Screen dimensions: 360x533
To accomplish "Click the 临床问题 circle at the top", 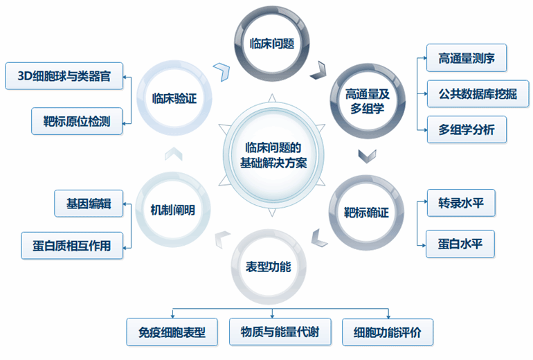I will pyautogui.click(x=272, y=43).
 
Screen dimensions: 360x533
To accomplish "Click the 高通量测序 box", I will pyautogui.click(x=462, y=58).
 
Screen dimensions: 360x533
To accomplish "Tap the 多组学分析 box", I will pyautogui.click(x=462, y=129).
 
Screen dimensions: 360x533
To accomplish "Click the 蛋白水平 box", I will pyautogui.click(x=456, y=244).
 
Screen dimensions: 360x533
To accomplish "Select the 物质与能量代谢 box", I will pyautogui.click(x=280, y=332).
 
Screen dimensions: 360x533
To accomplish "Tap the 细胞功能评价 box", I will pyautogui.click(x=388, y=332).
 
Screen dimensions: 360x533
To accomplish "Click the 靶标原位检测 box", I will pyautogui.click(x=77, y=120).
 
